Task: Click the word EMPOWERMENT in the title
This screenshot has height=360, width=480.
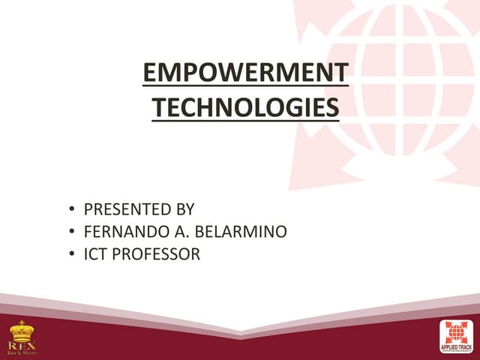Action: click(x=245, y=73)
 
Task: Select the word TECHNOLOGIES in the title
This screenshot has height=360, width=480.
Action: click(x=245, y=108)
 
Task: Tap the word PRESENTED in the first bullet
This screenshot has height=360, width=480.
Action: click(x=122, y=209)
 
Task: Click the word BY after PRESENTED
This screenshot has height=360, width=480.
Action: click(x=184, y=209)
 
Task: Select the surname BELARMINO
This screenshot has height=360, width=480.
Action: click(x=241, y=232)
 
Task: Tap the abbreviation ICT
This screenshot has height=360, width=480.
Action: click(x=94, y=254)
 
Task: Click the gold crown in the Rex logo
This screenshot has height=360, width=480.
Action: click(x=21, y=331)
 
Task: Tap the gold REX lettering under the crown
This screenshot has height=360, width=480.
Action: click(x=22, y=343)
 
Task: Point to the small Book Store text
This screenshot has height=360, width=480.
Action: click(x=22, y=351)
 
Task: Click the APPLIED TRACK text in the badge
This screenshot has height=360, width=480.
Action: click(x=456, y=348)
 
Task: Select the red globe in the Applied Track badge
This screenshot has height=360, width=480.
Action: click(x=456, y=332)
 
